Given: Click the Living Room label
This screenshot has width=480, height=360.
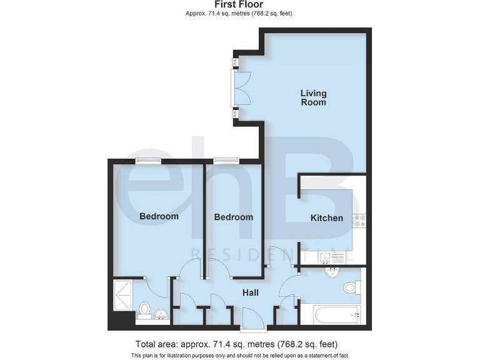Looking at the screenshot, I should (x=313, y=97).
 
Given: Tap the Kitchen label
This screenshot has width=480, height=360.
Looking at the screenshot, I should (x=327, y=218).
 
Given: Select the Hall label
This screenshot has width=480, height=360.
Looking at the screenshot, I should (x=250, y=292).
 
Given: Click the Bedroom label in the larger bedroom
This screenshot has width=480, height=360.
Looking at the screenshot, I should (x=159, y=216).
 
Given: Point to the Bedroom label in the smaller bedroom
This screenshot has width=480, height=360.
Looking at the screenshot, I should (x=234, y=217).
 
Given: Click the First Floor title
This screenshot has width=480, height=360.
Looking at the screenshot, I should (x=240, y=5).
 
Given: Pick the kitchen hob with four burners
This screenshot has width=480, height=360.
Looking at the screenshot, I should (x=359, y=221).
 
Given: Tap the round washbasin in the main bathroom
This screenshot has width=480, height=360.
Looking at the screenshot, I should (x=332, y=272).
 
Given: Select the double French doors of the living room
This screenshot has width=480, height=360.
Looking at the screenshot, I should (x=240, y=88).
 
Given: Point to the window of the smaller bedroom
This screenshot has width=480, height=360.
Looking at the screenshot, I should (x=226, y=161).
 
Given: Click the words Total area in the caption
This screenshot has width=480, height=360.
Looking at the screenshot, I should (x=156, y=344).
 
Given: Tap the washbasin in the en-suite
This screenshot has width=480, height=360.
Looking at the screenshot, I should (x=162, y=314).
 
